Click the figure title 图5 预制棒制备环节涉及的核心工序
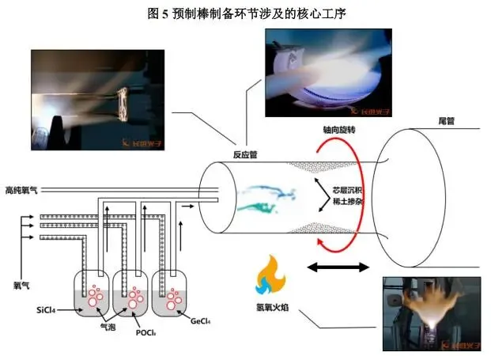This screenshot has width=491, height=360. pos(247,13)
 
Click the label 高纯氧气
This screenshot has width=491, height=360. pos(20,190)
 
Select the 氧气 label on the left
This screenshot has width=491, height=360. pos(21,282)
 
